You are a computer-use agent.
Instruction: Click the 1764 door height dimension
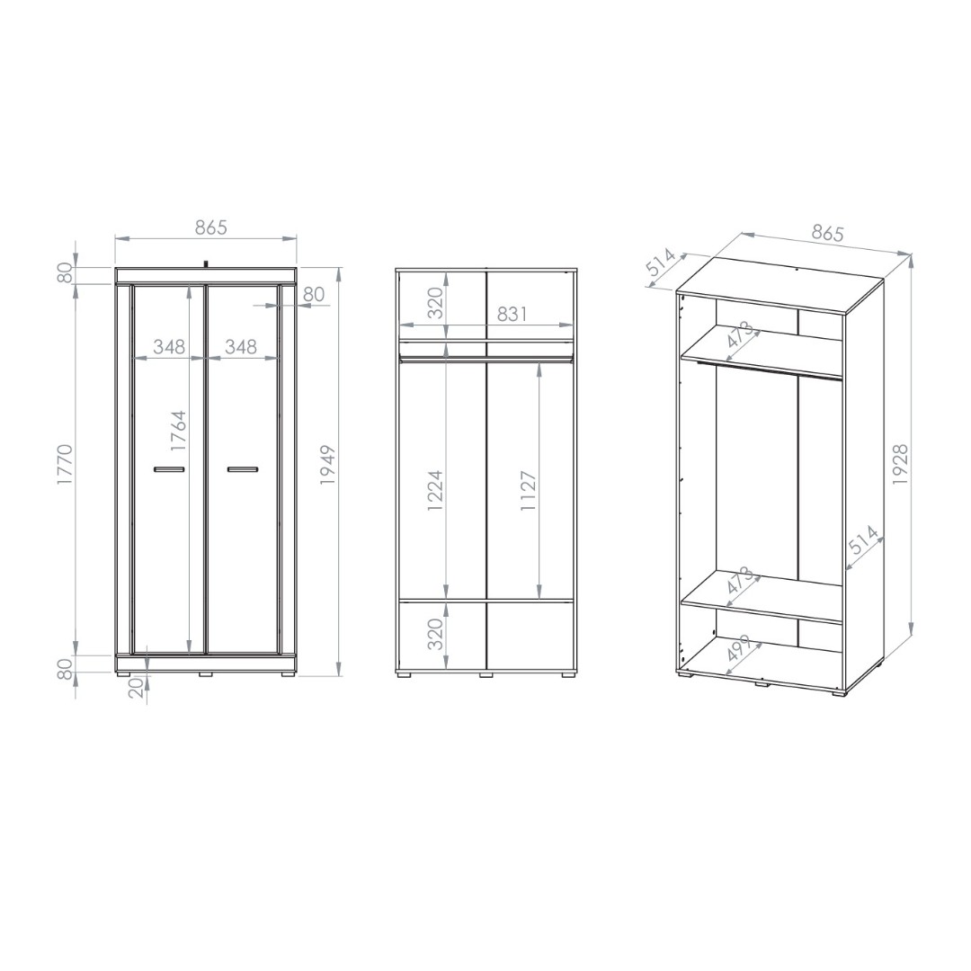coord(178,431)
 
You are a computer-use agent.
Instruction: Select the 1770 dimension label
coord(65,465)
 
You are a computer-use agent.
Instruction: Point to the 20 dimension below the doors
coord(138,687)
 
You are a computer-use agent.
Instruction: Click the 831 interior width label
coord(512,315)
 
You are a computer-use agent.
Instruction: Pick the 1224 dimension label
coord(436,491)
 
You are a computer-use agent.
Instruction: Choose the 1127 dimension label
coord(529,491)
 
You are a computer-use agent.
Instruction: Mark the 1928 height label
coord(900,465)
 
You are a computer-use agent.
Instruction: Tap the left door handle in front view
coord(169,469)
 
